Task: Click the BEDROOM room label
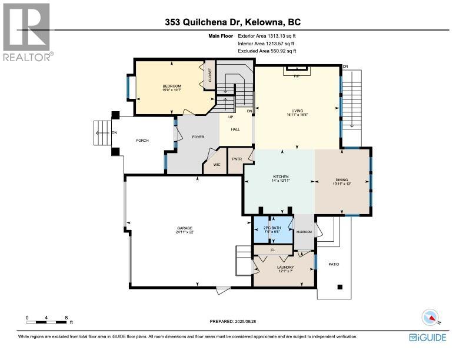[171, 86]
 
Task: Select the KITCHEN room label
[281, 176]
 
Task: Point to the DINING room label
[342, 179]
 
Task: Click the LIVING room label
[297, 111]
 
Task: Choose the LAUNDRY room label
[285, 267]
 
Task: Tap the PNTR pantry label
[237, 159]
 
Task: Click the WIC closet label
[217, 165]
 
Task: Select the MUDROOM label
[304, 232]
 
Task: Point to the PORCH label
[142, 141]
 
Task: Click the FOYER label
[198, 137]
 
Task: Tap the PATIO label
[334, 264]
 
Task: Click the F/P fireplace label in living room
[297, 76]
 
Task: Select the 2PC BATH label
[272, 228]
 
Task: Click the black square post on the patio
[340, 287]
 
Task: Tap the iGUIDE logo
[428, 338]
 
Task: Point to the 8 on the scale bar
[66, 318]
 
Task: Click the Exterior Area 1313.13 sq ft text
[267, 36]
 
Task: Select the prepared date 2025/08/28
[245, 321]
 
